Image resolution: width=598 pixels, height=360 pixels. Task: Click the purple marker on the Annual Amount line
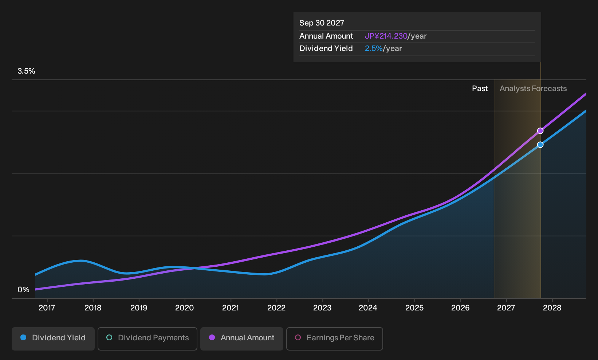[540, 131]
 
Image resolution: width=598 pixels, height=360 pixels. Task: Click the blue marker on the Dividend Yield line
[540, 145]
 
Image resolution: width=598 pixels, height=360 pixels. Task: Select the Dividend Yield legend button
[53, 339]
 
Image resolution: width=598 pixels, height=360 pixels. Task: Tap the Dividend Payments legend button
[147, 339]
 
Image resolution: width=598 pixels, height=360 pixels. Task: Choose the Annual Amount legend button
[241, 339]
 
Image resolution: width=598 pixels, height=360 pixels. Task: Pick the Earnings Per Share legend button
[334, 339]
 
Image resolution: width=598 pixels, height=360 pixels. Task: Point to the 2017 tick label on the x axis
[47, 308]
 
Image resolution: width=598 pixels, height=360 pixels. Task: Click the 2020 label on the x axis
[185, 308]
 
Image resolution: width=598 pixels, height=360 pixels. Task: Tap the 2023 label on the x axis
[322, 308]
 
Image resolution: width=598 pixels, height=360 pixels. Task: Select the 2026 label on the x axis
[460, 308]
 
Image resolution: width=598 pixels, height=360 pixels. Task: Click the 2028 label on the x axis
[552, 308]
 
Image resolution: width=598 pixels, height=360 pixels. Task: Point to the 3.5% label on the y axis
[26, 71]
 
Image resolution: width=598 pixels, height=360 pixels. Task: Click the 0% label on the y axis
[24, 290]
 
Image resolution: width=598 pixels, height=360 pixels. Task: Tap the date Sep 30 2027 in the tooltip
[322, 23]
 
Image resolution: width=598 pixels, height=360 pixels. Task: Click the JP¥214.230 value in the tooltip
[386, 36]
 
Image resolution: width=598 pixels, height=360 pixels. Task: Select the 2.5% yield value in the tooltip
[374, 48]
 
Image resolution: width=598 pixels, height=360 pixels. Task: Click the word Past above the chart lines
[480, 89]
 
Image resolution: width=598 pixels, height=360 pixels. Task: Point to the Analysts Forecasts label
[533, 89]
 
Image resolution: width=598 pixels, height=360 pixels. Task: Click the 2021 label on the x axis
[231, 308]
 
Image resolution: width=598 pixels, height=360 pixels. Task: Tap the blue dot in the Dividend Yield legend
[24, 337]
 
